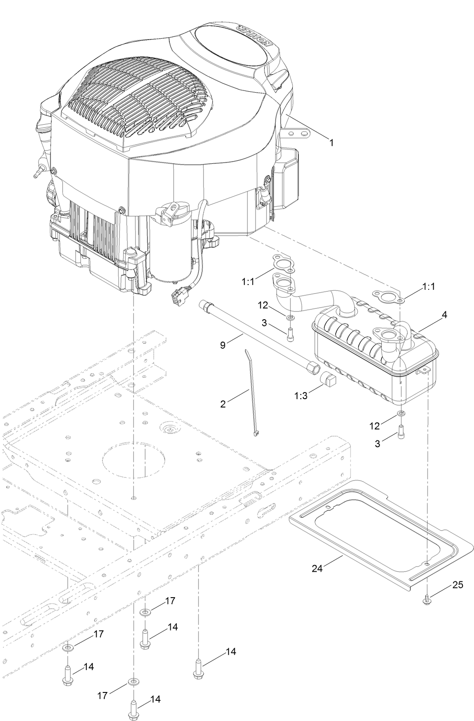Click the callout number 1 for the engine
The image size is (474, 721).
click(332, 143)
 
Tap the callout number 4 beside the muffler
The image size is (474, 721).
click(444, 315)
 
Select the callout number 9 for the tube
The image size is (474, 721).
click(223, 345)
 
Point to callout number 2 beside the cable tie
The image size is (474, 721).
click(223, 404)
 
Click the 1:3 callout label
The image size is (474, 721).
click(301, 396)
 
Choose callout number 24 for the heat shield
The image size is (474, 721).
click(317, 568)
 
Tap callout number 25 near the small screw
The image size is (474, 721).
click(458, 585)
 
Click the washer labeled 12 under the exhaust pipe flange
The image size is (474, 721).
click(291, 317)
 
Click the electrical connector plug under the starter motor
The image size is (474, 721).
click(179, 299)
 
